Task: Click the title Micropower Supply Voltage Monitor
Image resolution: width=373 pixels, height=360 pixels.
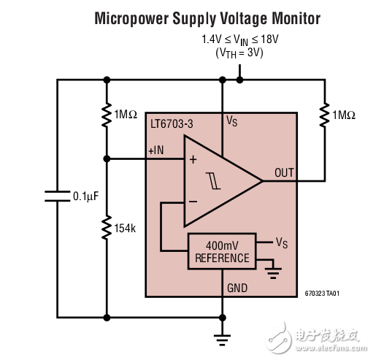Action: tap(207, 18)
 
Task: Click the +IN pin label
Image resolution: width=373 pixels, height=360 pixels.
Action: tap(156, 150)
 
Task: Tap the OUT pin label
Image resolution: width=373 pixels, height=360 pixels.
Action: tap(284, 172)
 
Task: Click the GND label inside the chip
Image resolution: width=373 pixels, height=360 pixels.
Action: tap(238, 288)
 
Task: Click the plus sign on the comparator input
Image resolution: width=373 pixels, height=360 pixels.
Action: tap(193, 160)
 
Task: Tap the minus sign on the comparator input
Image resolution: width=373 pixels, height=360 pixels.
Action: tap(193, 199)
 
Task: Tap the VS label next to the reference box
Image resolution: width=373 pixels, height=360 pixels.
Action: tap(281, 242)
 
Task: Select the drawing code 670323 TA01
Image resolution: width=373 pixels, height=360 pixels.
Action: tap(322, 294)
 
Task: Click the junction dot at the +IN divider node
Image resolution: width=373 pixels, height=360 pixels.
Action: tap(107, 158)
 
